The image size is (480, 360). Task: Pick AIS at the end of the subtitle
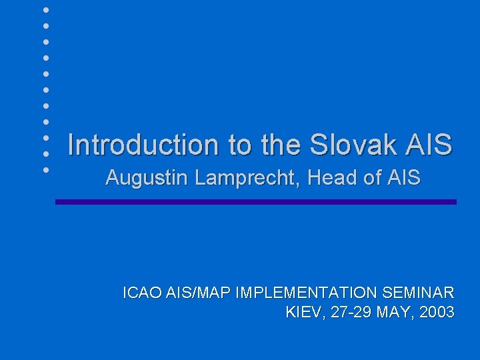point(403,178)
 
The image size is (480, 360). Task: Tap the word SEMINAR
point(418,293)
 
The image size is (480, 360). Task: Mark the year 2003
point(438,312)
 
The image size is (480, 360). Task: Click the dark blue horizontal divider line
point(256,201)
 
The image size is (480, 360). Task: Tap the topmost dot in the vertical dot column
point(45,10)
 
